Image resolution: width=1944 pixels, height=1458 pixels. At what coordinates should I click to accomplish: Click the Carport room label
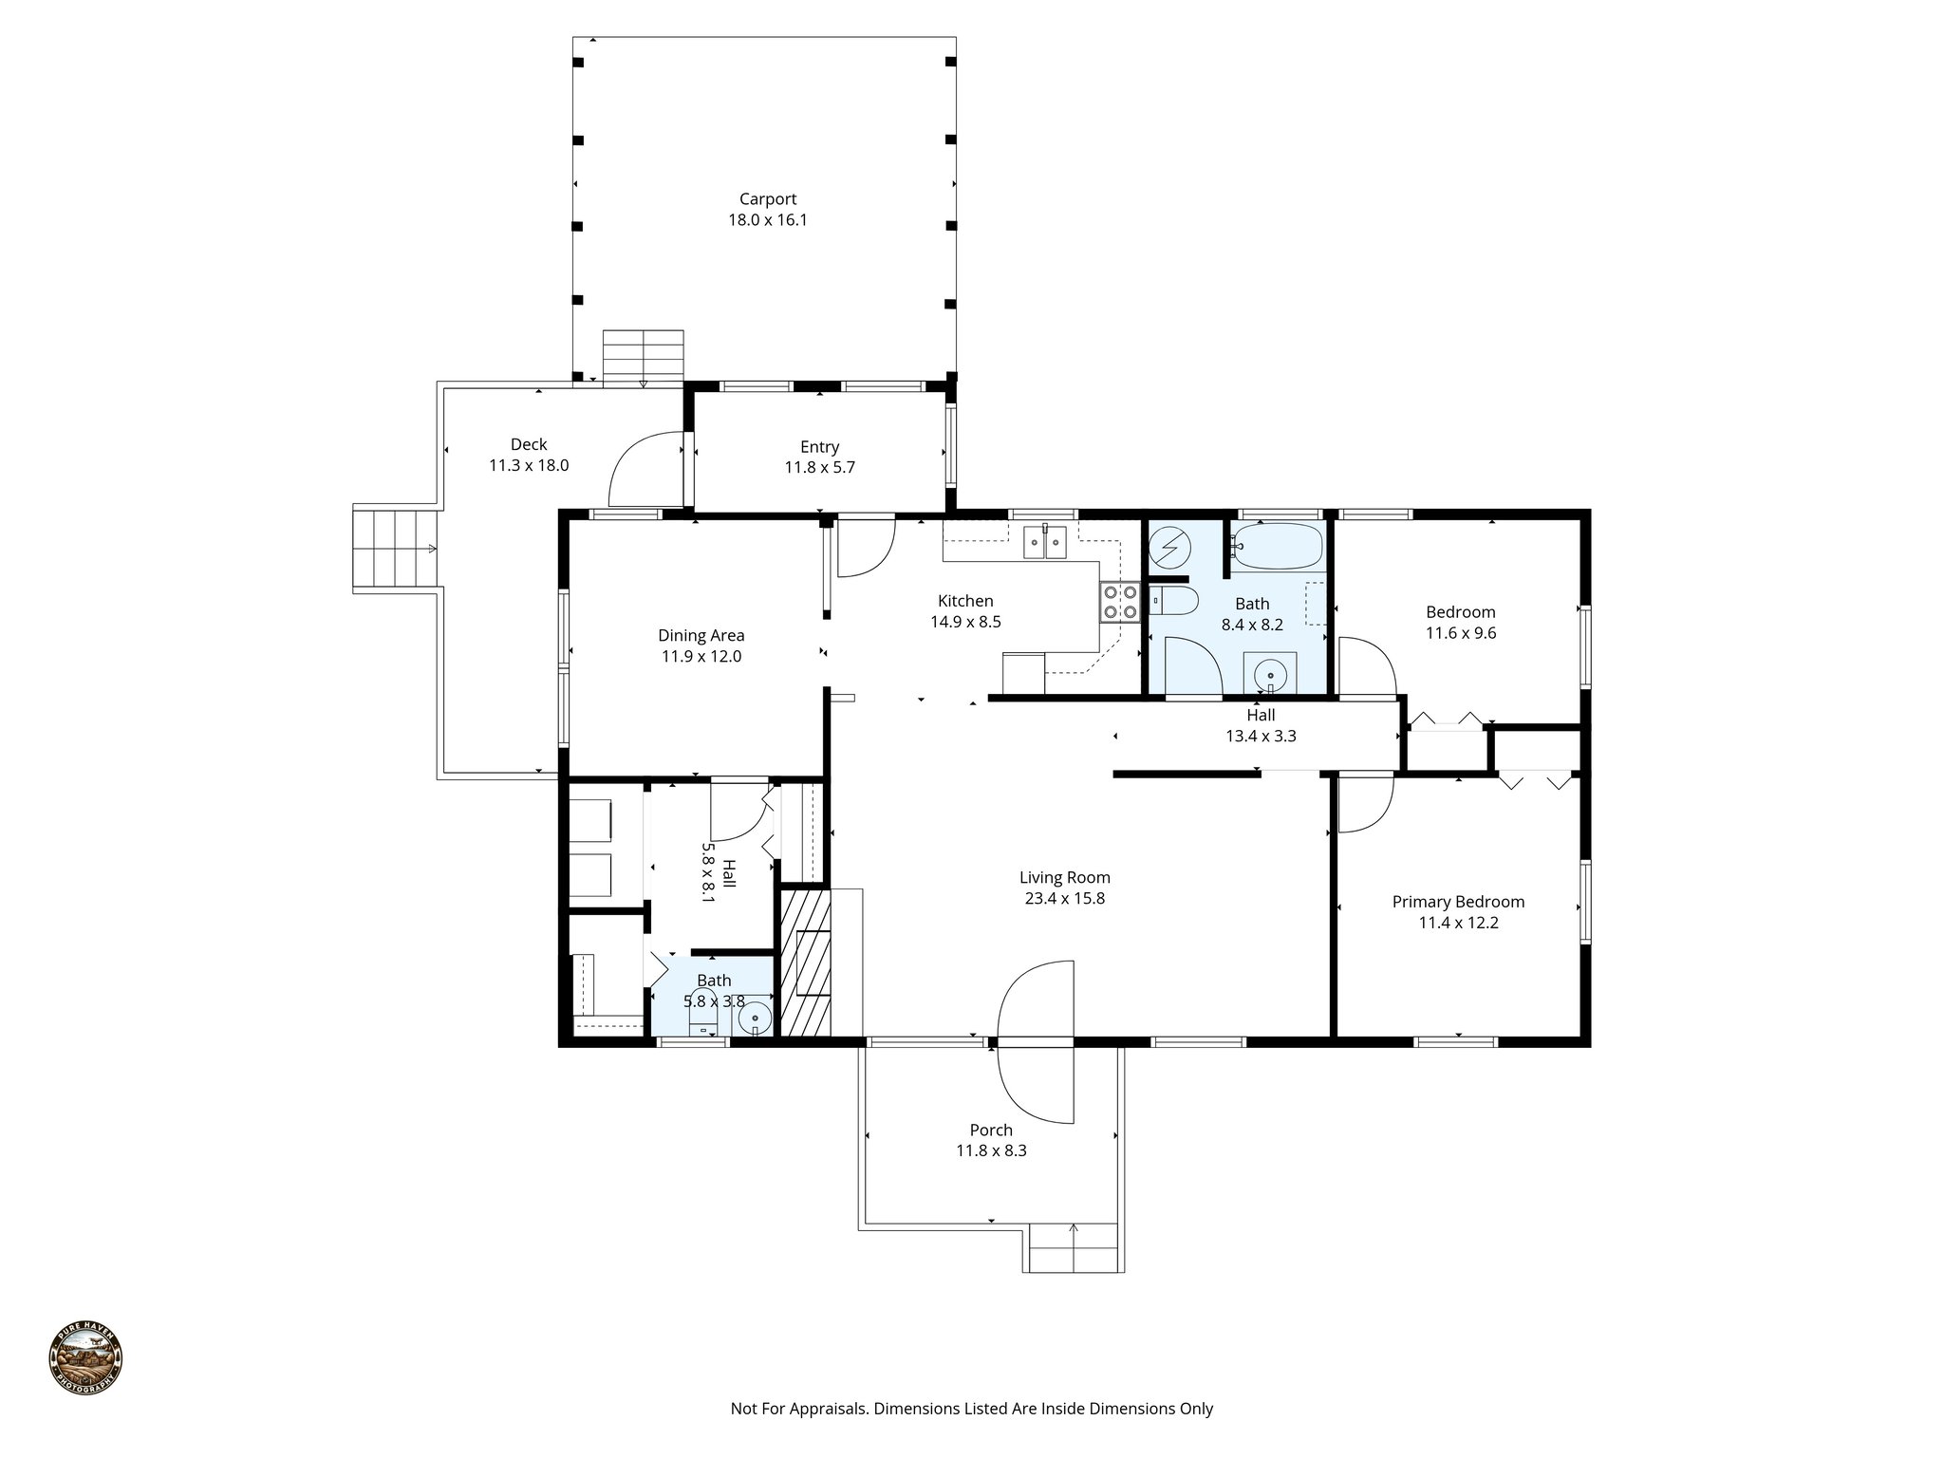(x=768, y=199)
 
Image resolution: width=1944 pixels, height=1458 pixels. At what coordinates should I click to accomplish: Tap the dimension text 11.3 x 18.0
(x=529, y=465)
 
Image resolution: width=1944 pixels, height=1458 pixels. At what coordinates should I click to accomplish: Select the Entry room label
(x=819, y=447)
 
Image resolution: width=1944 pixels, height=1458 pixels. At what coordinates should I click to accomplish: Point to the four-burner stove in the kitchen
(x=1119, y=602)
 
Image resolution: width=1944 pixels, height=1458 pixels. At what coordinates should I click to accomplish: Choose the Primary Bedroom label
(x=1458, y=902)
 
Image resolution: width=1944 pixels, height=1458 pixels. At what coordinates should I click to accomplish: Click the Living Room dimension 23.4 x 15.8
(x=1064, y=898)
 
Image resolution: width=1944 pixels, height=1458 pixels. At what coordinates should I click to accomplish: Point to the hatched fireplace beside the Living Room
(x=804, y=962)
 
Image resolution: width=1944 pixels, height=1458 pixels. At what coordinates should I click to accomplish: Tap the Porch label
(x=991, y=1131)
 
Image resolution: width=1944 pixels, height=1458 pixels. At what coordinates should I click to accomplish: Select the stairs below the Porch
(x=1074, y=1248)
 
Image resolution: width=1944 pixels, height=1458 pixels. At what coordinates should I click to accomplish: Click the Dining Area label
(x=701, y=635)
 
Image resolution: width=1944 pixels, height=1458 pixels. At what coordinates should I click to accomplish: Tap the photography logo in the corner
(x=85, y=1360)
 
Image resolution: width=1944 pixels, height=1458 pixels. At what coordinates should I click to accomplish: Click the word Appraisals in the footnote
(x=825, y=1409)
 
